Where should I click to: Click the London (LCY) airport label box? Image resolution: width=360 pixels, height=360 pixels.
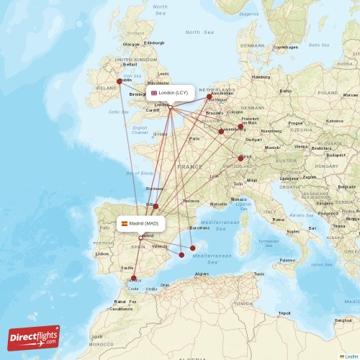tap(169, 93)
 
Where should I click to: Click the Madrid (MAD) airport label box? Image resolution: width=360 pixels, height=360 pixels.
tap(141, 223)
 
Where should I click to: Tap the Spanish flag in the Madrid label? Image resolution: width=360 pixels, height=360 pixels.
tap(125, 223)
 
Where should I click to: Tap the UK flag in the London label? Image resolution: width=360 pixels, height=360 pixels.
tap(153, 93)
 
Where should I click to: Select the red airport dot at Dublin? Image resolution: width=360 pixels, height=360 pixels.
tap(120, 81)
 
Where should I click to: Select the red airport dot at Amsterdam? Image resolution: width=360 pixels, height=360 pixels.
tap(210, 96)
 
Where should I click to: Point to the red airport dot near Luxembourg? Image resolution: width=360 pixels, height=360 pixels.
tap(221, 131)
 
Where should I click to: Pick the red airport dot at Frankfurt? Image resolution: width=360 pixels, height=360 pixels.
tap(241, 127)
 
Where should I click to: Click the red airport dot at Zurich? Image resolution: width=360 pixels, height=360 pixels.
tap(240, 158)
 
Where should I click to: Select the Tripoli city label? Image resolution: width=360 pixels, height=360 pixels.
tap(284, 313)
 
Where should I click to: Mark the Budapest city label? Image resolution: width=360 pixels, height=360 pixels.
tap(335, 154)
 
